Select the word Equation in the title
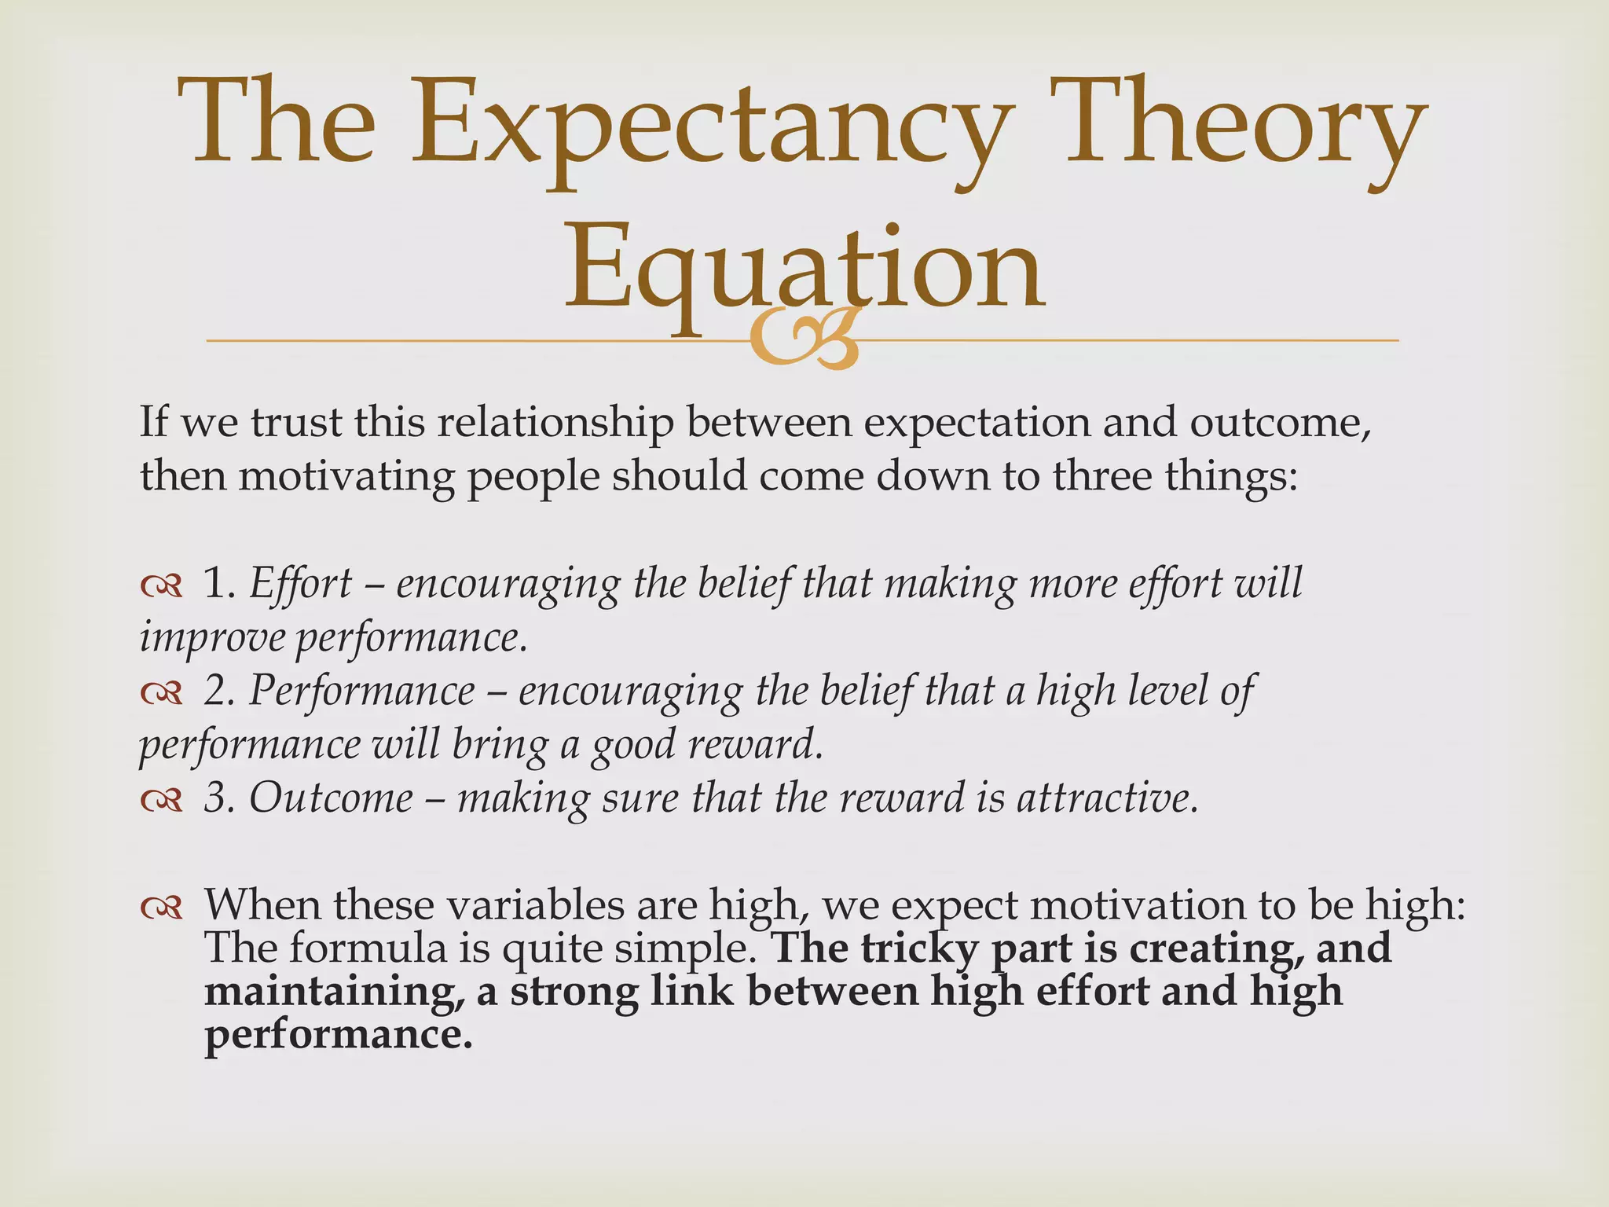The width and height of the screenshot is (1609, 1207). pos(804,267)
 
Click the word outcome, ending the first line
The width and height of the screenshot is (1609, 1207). pos(1280,422)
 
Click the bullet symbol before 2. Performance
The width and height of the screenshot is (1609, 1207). pos(161,692)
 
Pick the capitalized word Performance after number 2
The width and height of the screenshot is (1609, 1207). pos(362,692)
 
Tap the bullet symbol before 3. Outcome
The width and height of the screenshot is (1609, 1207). pos(161,799)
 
